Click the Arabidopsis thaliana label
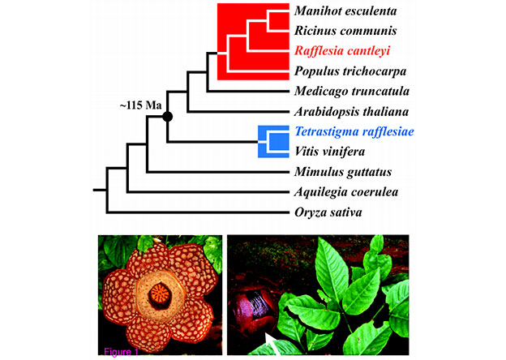click(x=351, y=111)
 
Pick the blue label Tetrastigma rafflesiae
click(x=354, y=131)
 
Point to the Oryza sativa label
click(x=328, y=212)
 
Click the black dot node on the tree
click(x=168, y=117)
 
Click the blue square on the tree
click(x=273, y=141)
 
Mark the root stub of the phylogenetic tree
click(x=100, y=191)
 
